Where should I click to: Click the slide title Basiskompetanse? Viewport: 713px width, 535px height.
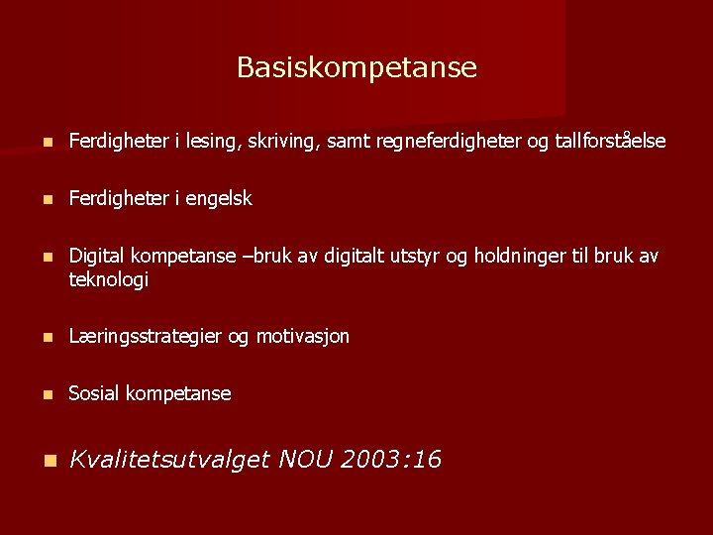coord(356,67)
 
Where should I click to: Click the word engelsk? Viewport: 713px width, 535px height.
coord(217,199)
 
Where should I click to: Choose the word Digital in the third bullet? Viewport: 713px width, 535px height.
coord(96,257)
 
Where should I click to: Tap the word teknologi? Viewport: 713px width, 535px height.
coord(108,280)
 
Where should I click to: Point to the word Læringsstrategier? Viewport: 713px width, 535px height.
coord(145,337)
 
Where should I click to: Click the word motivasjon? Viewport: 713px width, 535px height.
coord(303,337)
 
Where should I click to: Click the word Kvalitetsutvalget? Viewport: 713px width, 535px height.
coord(169,460)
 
